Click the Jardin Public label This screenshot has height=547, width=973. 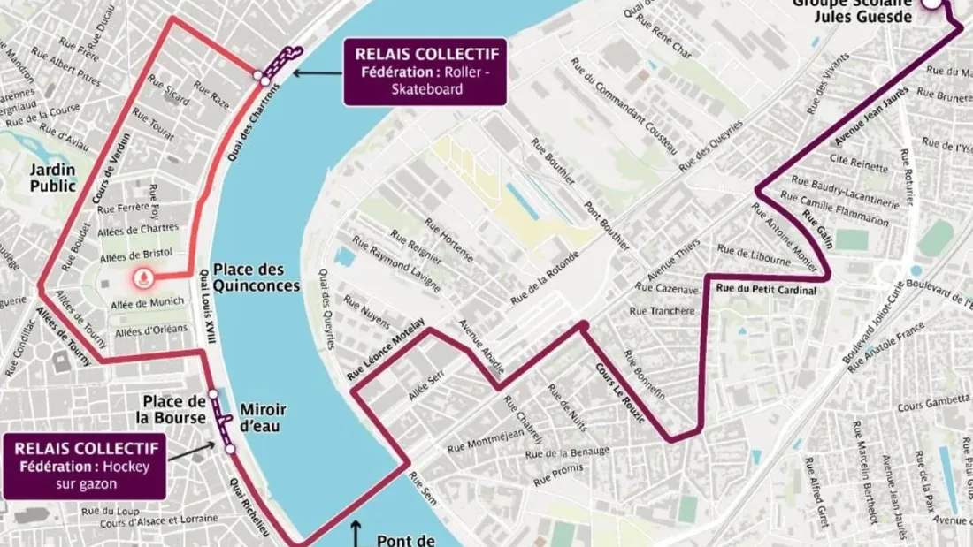53,177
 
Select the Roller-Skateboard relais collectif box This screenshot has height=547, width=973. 425,71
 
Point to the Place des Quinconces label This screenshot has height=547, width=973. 256,278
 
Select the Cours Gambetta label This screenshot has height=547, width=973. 931,406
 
